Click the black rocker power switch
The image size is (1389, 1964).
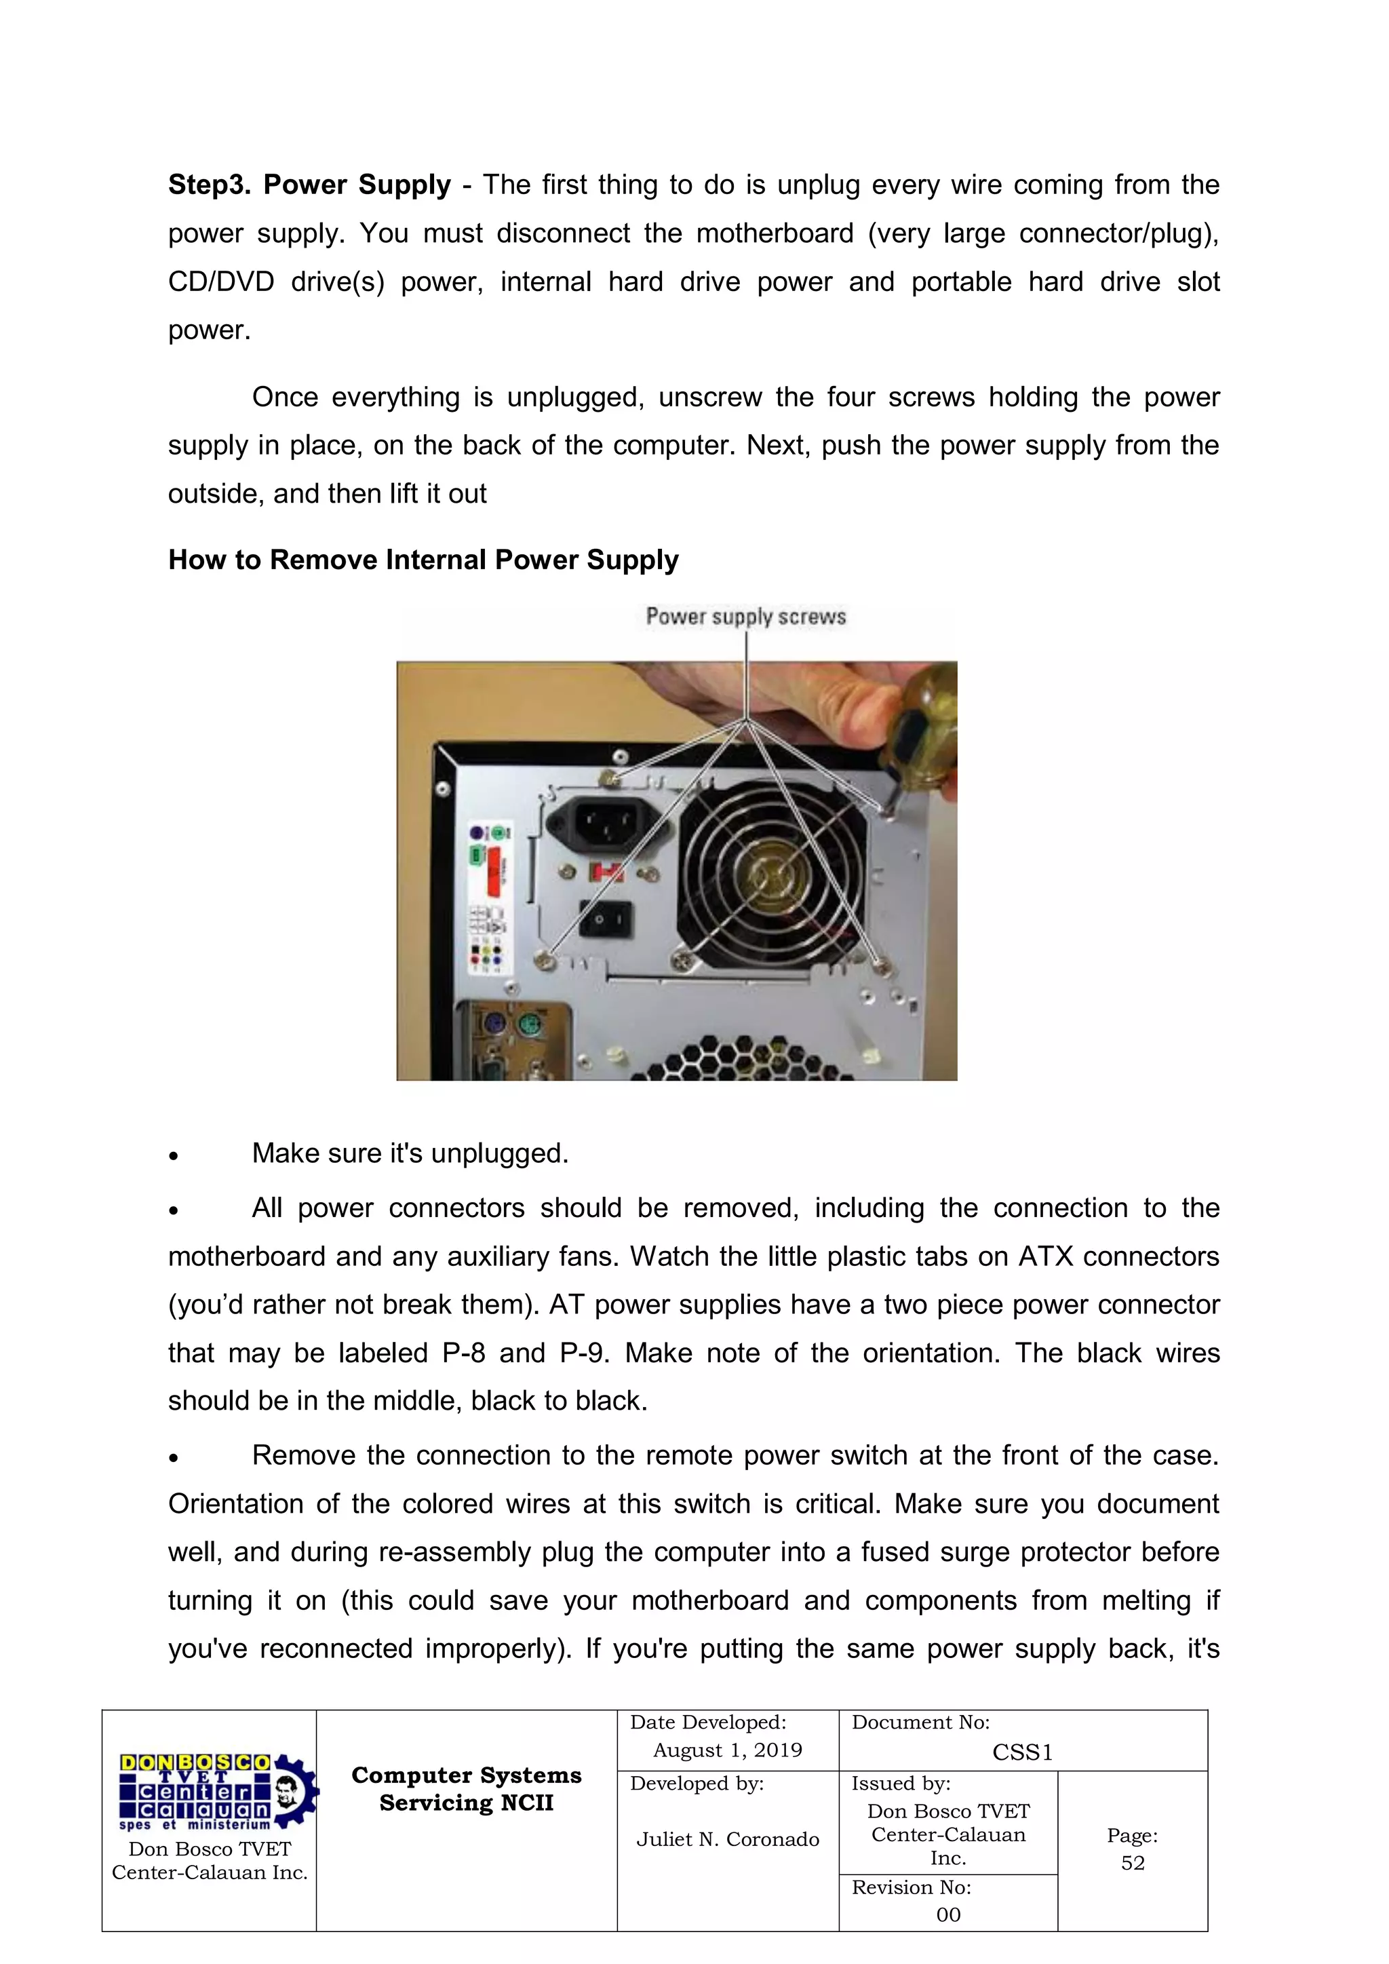[x=606, y=919]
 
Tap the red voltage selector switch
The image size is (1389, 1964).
[x=606, y=872]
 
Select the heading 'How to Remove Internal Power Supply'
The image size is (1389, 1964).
[x=423, y=560]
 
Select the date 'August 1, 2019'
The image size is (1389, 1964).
[x=727, y=1750]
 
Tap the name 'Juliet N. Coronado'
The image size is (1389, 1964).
[x=727, y=1839]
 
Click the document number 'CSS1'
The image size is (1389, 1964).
[x=1022, y=1753]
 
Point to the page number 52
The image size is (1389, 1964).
[x=1133, y=1863]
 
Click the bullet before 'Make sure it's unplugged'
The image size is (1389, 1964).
[x=174, y=1155]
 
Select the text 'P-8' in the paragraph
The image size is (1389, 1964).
[x=464, y=1353]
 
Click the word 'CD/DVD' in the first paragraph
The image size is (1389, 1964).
[x=220, y=282]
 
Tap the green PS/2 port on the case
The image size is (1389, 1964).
[x=531, y=1023]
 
